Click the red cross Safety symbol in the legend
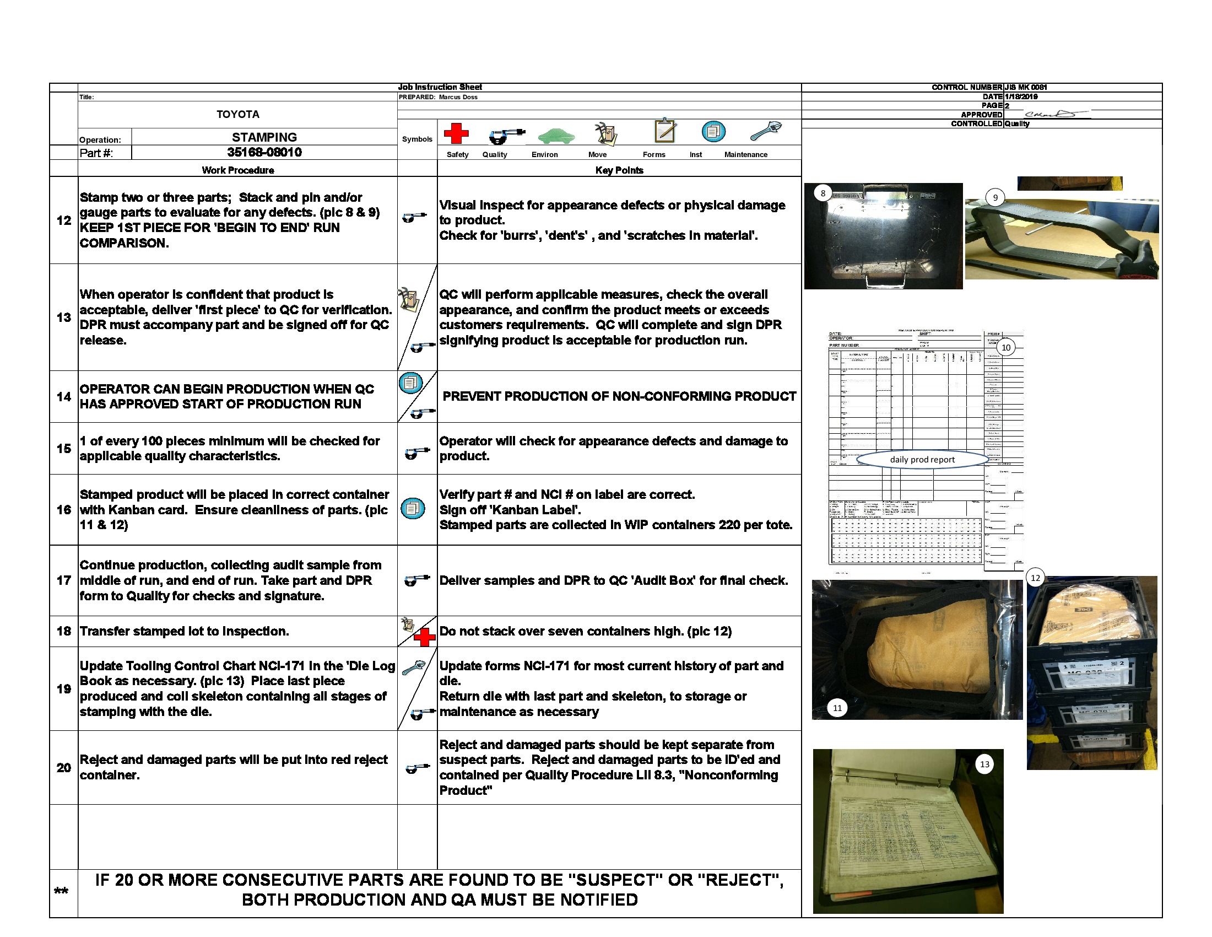pyautogui.click(x=456, y=133)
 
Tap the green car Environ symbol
pyautogui.click(x=555, y=135)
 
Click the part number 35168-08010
pyautogui.click(x=264, y=152)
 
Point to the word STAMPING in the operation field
pyautogui.click(x=264, y=137)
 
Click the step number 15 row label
pyautogui.click(x=64, y=448)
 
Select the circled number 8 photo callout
pyautogui.click(x=823, y=193)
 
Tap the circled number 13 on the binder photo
pyautogui.click(x=984, y=764)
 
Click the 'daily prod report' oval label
pyautogui.click(x=922, y=459)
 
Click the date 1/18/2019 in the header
pyautogui.click(x=1021, y=96)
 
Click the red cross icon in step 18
pyautogui.click(x=425, y=637)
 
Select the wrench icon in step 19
pyautogui.click(x=412, y=667)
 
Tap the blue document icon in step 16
pyautogui.click(x=412, y=508)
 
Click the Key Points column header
pyautogui.click(x=619, y=170)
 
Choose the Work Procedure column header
pyautogui.click(x=237, y=170)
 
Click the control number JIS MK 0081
pyautogui.click(x=1026, y=87)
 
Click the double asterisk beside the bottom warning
pyautogui.click(x=61, y=891)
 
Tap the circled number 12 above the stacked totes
pyautogui.click(x=1035, y=577)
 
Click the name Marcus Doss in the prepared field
pyautogui.click(x=458, y=97)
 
